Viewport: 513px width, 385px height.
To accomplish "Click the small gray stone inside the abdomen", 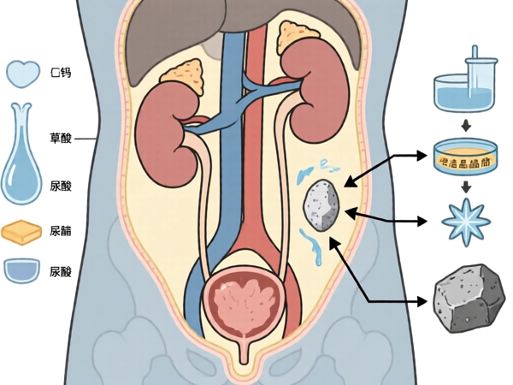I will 321,206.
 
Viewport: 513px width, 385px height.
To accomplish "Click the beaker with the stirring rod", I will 466,84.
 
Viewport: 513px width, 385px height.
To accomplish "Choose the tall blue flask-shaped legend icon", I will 22,158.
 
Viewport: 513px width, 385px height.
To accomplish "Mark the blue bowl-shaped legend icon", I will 23,271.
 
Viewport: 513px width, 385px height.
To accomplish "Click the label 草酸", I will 62,139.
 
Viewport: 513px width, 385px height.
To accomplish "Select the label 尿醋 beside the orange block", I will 62,231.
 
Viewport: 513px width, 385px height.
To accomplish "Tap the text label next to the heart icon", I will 62,74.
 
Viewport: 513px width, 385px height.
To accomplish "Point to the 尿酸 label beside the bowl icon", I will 62,272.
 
